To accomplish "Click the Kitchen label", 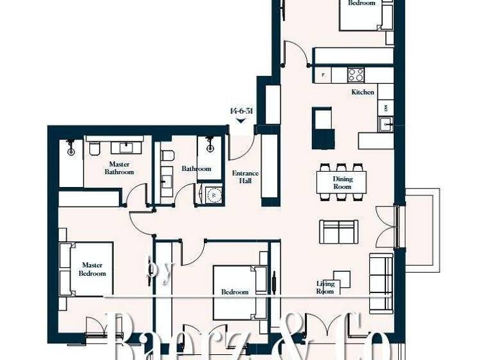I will pyautogui.click(x=362, y=93).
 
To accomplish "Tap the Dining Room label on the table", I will pyautogui.click(x=342, y=183).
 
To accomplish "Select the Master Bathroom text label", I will pyautogui.click(x=120, y=168).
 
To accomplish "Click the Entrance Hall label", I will pyautogui.click(x=245, y=177).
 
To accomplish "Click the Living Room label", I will pyautogui.click(x=325, y=287).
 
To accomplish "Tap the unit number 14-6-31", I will pyautogui.click(x=241, y=111).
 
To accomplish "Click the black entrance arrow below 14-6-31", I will pyautogui.click(x=241, y=120).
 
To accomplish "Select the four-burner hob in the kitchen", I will pyautogui.click(x=356, y=74).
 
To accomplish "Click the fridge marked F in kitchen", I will pyautogui.click(x=323, y=75).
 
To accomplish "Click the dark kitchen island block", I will pyautogui.click(x=323, y=127).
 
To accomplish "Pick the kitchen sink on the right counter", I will pyautogui.click(x=386, y=124).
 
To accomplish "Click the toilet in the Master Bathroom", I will pyautogui.click(x=94, y=148).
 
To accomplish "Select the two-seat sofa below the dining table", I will pyautogui.click(x=338, y=231).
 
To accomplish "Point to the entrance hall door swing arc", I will pyautogui.click(x=239, y=149).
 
